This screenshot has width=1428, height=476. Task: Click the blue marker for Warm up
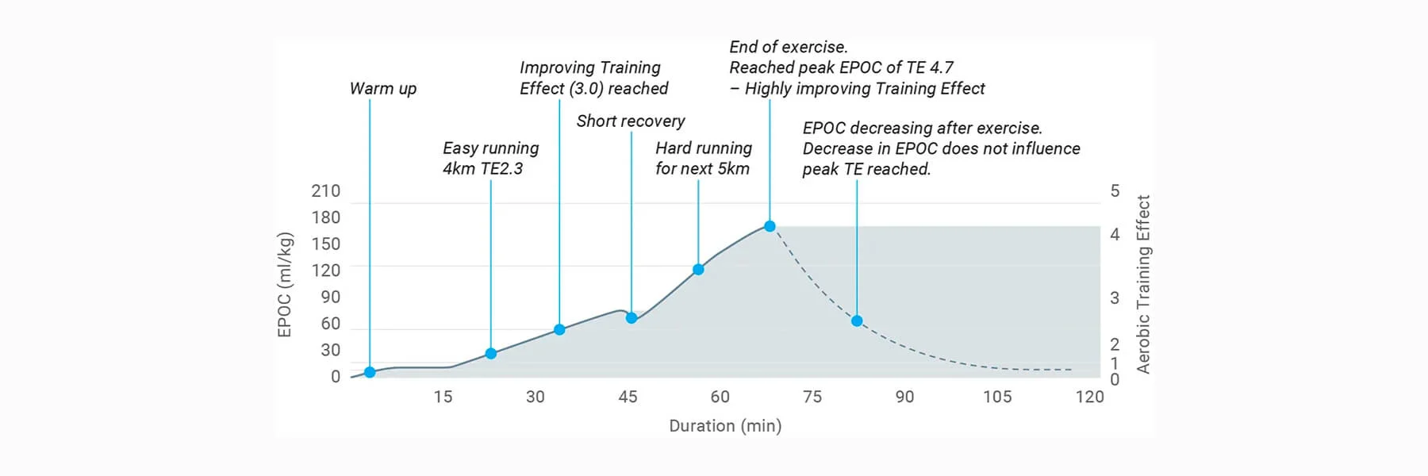(370, 372)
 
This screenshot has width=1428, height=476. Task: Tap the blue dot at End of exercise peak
(770, 226)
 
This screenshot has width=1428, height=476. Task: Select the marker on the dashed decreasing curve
(857, 321)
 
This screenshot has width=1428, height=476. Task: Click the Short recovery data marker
(631, 318)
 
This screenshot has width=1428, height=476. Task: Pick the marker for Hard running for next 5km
(698, 270)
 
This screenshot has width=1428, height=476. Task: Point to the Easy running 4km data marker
(491, 354)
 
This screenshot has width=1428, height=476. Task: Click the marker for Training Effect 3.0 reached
(559, 329)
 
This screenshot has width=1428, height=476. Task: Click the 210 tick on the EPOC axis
(325, 191)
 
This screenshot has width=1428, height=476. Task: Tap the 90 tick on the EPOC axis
(330, 297)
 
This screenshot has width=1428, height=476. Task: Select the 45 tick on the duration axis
(628, 397)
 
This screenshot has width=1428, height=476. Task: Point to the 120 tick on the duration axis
(1089, 397)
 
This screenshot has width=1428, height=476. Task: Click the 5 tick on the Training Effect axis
(1115, 191)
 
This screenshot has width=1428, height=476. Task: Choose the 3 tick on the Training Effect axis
(1115, 297)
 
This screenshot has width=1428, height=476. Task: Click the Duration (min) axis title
(725, 426)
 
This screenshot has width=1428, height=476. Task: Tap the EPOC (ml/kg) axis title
(286, 285)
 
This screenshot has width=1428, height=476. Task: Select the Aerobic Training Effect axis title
(1143, 284)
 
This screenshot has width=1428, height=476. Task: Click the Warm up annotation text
(383, 89)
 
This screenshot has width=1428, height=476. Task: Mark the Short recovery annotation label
(631, 121)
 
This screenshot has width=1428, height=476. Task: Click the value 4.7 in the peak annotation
(942, 68)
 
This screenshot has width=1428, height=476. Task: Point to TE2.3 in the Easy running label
(501, 169)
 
